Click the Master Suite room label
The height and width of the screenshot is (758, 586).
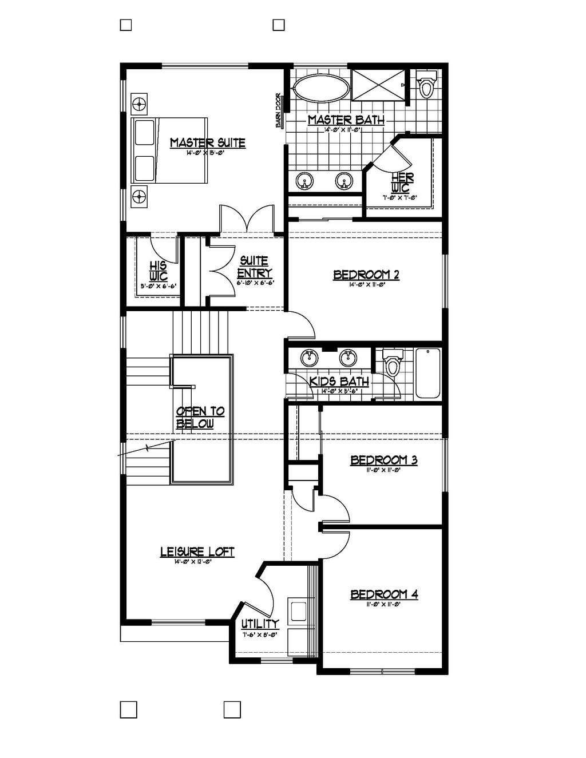coord(207,142)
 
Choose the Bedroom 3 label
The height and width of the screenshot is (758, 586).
coord(383,460)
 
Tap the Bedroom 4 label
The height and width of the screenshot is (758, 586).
coord(384,595)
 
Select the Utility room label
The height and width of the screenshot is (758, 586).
coord(260,624)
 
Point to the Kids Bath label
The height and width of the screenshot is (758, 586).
coord(339,382)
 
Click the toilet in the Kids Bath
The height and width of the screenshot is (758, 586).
coord(393,364)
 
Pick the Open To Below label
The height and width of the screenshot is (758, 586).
coord(200,418)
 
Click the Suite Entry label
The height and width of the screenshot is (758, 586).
coord(255,267)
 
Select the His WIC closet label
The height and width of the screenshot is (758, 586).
coord(158,271)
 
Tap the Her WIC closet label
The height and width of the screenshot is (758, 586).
coord(402,184)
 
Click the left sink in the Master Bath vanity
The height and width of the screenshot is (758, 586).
coord(306,181)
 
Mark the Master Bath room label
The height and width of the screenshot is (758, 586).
coord(346,120)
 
